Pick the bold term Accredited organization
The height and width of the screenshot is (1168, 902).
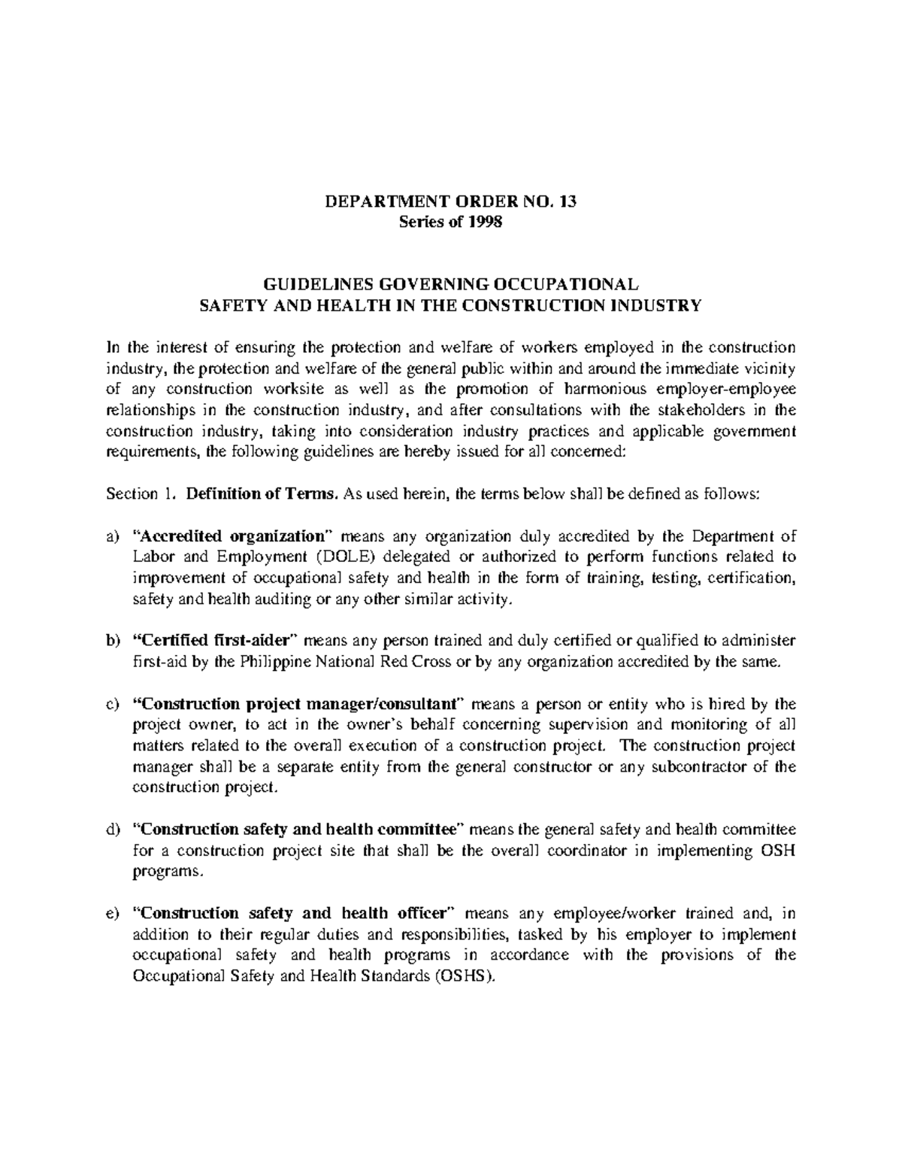pyautogui.click(x=232, y=536)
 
